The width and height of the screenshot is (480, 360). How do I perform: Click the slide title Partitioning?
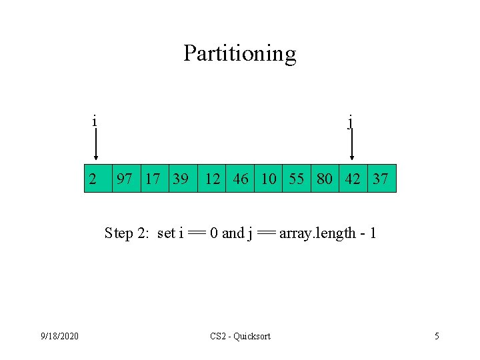[x=240, y=53]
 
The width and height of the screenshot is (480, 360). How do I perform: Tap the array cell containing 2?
[x=97, y=179]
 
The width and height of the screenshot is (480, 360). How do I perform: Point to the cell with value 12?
[x=212, y=179]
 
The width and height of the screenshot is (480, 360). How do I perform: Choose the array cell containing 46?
[x=240, y=179]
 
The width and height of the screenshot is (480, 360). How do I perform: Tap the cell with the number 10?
[x=268, y=179]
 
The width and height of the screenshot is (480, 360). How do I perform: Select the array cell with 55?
[x=297, y=179]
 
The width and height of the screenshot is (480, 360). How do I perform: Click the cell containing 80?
[x=325, y=179]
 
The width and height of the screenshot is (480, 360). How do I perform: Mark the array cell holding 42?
[x=353, y=179]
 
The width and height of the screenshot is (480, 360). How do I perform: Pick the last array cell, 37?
[x=381, y=179]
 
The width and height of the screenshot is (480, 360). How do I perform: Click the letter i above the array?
[x=95, y=121]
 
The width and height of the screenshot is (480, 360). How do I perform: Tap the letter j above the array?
[x=351, y=122]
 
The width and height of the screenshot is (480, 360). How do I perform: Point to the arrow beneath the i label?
[x=96, y=145]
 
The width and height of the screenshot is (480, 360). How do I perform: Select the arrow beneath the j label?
[x=352, y=145]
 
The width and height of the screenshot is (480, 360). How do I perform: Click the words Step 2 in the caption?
[x=128, y=233]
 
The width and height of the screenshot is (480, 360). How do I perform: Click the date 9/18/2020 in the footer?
[x=60, y=336]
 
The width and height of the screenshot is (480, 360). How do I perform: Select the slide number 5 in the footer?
[x=437, y=336]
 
